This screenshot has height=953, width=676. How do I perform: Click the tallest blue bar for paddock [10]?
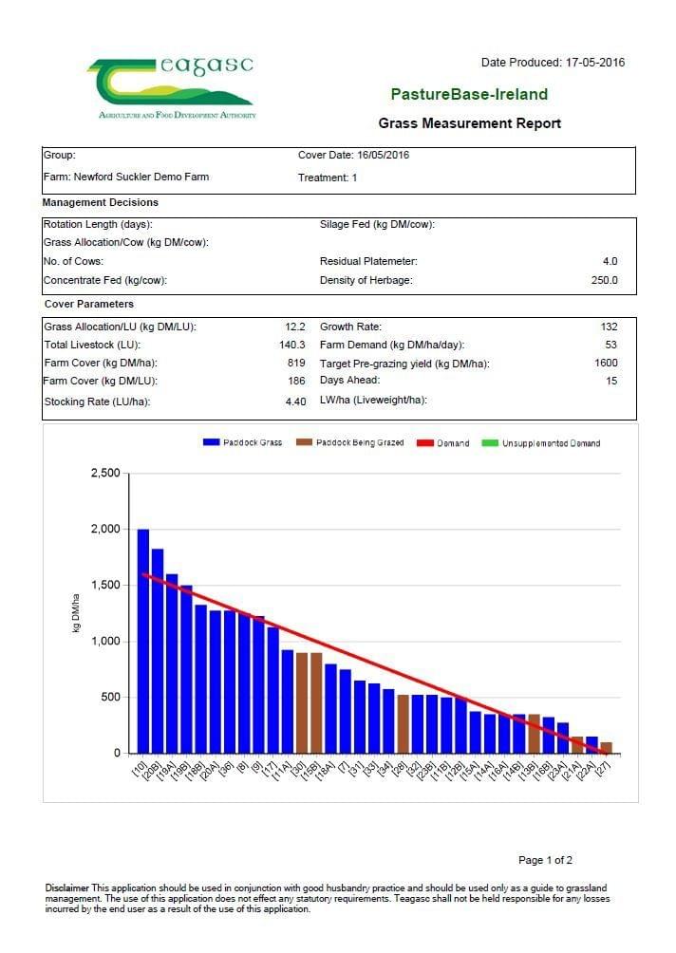[x=142, y=642]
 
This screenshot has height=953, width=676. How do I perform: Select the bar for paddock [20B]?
[x=158, y=651]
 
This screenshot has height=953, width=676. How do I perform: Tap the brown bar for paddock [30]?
[x=302, y=703]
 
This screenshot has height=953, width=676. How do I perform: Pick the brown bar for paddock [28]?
[x=403, y=724]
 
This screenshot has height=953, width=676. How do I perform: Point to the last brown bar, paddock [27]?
[x=606, y=748]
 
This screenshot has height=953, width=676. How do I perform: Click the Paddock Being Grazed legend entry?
[x=349, y=442]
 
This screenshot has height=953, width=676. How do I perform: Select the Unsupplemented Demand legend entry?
[x=540, y=443]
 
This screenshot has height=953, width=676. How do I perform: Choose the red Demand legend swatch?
[x=425, y=443]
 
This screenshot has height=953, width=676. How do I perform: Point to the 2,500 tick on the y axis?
[x=105, y=473]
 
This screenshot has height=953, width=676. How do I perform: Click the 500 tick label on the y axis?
[x=111, y=697]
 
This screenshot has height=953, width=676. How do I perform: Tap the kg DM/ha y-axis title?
[x=76, y=612]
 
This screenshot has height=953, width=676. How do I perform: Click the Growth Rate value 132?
[x=609, y=327]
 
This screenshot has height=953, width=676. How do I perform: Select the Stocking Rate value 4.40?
[x=295, y=402]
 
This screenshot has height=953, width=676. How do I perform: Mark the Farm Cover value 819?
[x=296, y=363]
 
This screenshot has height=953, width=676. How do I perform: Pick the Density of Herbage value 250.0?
[x=604, y=280]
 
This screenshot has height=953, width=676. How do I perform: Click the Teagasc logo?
[x=172, y=87]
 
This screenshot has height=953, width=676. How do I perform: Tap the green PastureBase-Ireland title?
[x=469, y=94]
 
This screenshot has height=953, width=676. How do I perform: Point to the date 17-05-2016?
[x=595, y=62]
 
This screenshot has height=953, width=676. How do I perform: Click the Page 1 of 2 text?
[x=545, y=860]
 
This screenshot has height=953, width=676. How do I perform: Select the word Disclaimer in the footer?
[x=66, y=888]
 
